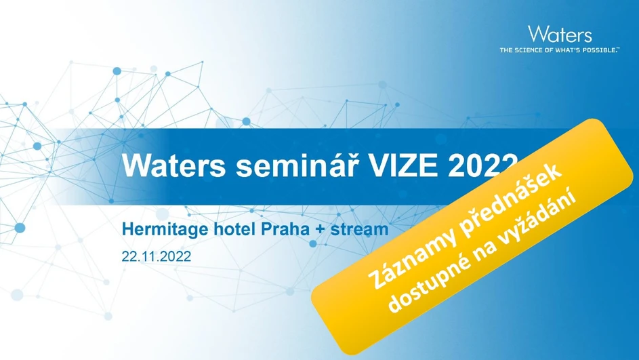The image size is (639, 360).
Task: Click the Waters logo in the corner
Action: [559, 35]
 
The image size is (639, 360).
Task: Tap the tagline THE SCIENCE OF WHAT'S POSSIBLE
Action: [559, 50]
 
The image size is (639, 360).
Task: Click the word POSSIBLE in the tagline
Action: [600, 50]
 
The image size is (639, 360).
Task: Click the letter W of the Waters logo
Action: [537, 35]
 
